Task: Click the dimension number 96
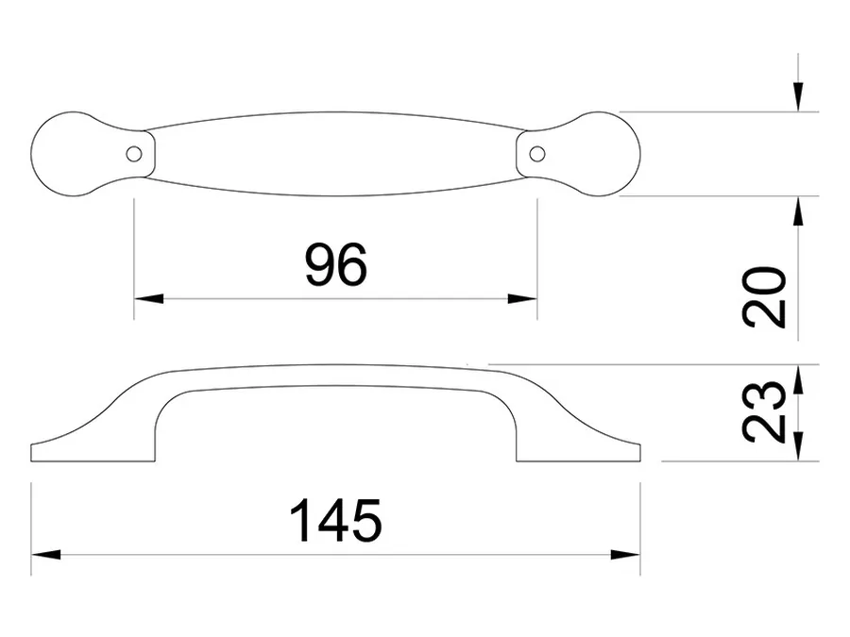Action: click(x=336, y=264)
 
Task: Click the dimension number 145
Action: click(x=336, y=521)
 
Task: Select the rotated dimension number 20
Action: click(x=764, y=297)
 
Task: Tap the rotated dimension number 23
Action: click(x=764, y=411)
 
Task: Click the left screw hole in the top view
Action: click(x=133, y=155)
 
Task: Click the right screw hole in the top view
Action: click(x=537, y=155)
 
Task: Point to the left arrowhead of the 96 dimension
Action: click(x=148, y=298)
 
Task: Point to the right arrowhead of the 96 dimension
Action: click(x=522, y=298)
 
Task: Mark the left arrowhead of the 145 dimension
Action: click(x=46, y=555)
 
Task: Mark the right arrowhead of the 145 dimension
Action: click(x=625, y=555)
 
